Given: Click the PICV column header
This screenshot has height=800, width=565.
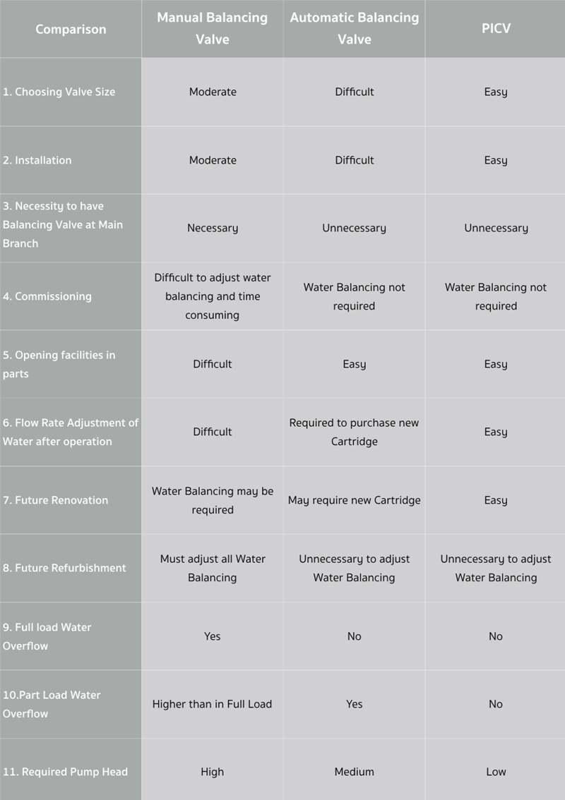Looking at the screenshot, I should tap(495, 29).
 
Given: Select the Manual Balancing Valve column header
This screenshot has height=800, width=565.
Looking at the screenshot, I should tap(212, 28).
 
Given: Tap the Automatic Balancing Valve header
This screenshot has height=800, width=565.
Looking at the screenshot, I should tap(354, 28).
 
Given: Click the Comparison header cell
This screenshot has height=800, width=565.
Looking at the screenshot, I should tap(71, 29).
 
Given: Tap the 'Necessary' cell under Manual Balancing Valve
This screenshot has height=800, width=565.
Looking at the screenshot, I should tap(213, 228).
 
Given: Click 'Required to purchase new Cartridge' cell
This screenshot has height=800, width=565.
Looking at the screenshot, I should tap(354, 432).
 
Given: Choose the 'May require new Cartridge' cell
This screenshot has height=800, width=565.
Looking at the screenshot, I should tap(354, 500).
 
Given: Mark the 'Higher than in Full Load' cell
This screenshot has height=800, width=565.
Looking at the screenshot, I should tap(212, 704).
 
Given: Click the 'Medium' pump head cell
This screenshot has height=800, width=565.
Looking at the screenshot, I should tap(354, 772).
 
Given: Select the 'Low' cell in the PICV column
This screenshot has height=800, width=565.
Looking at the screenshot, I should tap(496, 772).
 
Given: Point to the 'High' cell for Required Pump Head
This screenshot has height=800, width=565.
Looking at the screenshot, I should tap(212, 772).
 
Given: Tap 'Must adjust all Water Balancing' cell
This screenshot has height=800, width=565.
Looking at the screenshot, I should tap(213, 568).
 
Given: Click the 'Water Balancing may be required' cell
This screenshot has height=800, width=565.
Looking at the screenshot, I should tap(213, 500).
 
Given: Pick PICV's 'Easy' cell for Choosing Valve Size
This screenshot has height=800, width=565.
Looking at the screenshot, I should tap(496, 92).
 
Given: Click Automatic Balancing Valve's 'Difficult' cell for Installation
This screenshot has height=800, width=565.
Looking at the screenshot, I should tap(354, 160).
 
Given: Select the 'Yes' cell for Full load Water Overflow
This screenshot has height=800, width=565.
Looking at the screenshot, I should tap(212, 636).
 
